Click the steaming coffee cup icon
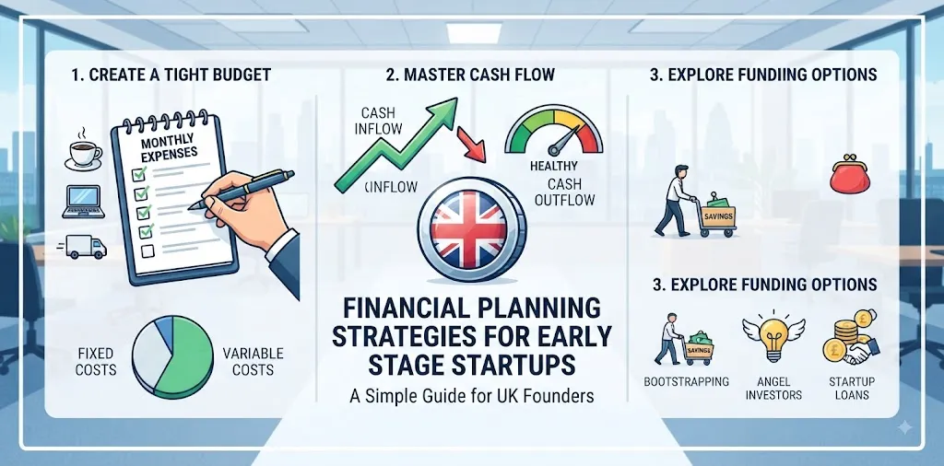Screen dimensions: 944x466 click(x=83, y=149)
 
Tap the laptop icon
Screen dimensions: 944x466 click(x=83, y=203)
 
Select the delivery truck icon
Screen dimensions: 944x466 click(x=83, y=247)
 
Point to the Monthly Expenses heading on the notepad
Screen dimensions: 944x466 click(x=169, y=148)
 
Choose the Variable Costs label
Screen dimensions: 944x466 click(x=253, y=361)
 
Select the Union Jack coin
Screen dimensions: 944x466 click(x=471, y=230)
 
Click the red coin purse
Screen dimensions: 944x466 click(x=849, y=175)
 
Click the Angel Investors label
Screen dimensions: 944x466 click(x=773, y=389)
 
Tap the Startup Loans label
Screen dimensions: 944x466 click(x=852, y=389)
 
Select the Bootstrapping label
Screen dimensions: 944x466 click(x=686, y=381)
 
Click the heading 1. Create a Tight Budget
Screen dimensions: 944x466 click(x=171, y=75)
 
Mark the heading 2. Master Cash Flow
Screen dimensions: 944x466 click(x=471, y=75)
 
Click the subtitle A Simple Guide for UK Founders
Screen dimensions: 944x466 click(x=471, y=396)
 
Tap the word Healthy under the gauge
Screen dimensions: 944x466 click(x=554, y=166)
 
